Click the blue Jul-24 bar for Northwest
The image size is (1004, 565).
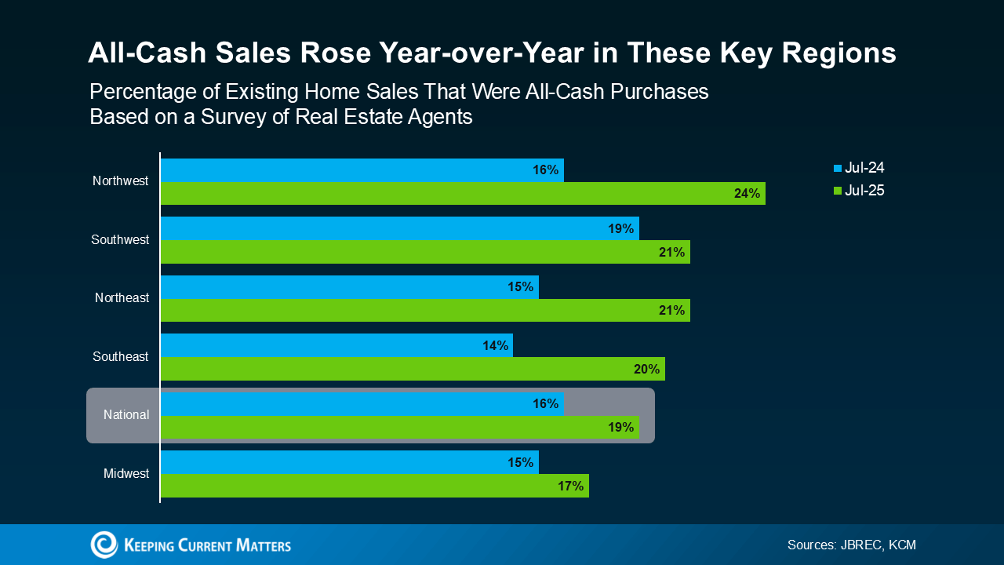click(361, 169)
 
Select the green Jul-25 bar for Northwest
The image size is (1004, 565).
click(463, 193)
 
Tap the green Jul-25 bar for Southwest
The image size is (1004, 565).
click(425, 252)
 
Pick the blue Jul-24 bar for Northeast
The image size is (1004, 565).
click(349, 286)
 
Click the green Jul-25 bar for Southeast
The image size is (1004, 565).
click(413, 369)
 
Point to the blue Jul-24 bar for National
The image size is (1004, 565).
click(361, 403)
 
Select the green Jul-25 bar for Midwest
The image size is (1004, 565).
click(374, 486)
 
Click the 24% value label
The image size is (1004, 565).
click(747, 193)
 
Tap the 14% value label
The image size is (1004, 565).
click(496, 345)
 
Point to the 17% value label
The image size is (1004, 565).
click(571, 486)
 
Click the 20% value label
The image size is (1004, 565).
click(647, 369)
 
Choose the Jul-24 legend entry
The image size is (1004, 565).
click(860, 168)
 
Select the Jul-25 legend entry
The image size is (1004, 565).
click(860, 191)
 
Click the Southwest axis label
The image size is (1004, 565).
click(120, 240)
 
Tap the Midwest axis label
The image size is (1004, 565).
click(126, 474)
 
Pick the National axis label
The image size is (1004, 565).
click(126, 415)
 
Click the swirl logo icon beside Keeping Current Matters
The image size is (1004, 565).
click(104, 545)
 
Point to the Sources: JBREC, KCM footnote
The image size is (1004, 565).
click(851, 545)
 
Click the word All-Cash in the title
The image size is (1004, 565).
click(140, 53)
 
